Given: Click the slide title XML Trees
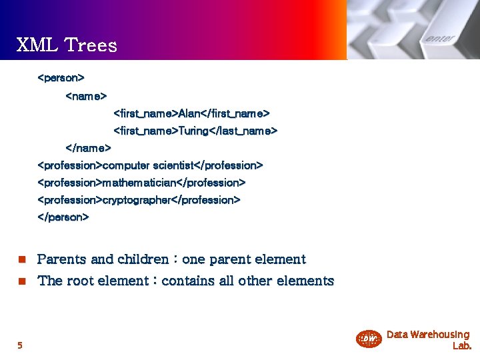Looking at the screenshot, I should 67,45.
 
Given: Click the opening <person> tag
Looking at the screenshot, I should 61,78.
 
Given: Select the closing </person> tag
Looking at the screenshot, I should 63,217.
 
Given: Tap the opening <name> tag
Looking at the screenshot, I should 86,96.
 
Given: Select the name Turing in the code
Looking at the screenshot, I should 193,131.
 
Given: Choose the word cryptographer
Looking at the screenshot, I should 137,200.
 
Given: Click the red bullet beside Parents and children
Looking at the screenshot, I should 21,259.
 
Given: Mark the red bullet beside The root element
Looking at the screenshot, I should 21,281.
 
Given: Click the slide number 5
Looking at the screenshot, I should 19,345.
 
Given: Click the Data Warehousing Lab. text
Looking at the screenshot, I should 428,339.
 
